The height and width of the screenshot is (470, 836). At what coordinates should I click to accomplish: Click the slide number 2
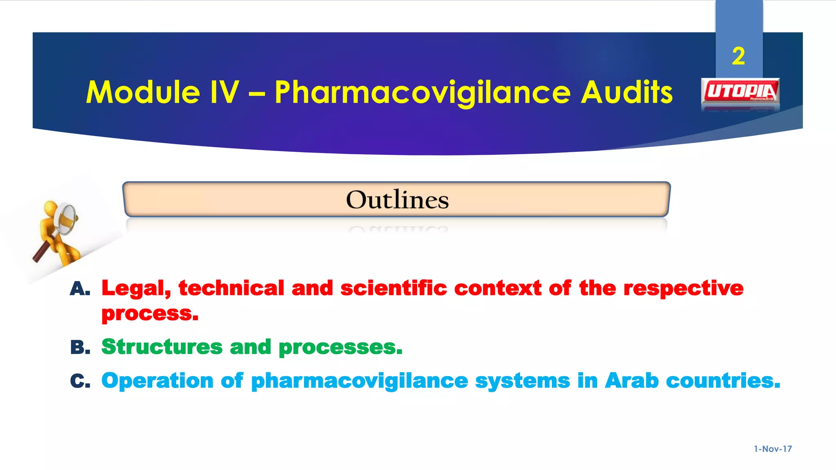tap(738, 56)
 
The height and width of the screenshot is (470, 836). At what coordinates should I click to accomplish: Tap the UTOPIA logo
tap(740, 92)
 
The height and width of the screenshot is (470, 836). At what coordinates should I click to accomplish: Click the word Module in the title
tap(143, 92)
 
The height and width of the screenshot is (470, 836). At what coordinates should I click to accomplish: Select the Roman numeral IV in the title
tap(224, 92)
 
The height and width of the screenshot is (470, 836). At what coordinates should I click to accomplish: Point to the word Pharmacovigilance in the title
tap(422, 93)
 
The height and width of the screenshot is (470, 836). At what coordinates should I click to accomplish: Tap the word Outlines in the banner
tap(397, 200)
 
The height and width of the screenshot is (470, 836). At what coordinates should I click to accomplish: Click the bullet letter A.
tap(80, 289)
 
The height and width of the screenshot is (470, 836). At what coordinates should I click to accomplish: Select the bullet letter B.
tap(80, 348)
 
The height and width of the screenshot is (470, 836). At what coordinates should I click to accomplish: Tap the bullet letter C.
tap(80, 381)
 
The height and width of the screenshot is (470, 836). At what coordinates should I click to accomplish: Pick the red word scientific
tap(394, 288)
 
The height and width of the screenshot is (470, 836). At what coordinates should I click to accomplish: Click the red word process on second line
tap(149, 314)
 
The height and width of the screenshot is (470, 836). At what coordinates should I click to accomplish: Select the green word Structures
tap(162, 347)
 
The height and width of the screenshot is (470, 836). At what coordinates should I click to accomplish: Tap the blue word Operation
tap(157, 381)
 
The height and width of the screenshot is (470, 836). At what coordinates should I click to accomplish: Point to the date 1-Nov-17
tap(772, 449)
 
